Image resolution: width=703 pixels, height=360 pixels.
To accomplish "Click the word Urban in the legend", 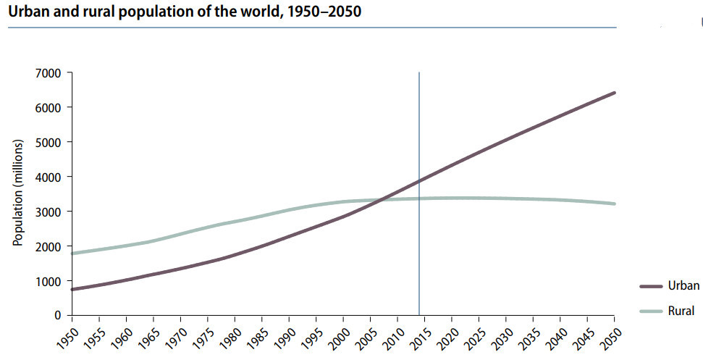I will [x=685, y=285].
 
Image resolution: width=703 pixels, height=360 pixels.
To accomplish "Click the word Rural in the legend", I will [x=683, y=311].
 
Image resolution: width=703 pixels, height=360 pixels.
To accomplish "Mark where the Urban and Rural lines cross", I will [x=376, y=199].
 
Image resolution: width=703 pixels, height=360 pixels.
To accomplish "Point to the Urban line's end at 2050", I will [x=615, y=93].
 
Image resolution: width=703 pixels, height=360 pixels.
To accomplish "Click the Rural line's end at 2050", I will [x=615, y=204].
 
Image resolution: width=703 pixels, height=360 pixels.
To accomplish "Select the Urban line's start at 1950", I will [x=72, y=290].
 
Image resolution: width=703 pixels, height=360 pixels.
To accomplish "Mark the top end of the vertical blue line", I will [x=418, y=73].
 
